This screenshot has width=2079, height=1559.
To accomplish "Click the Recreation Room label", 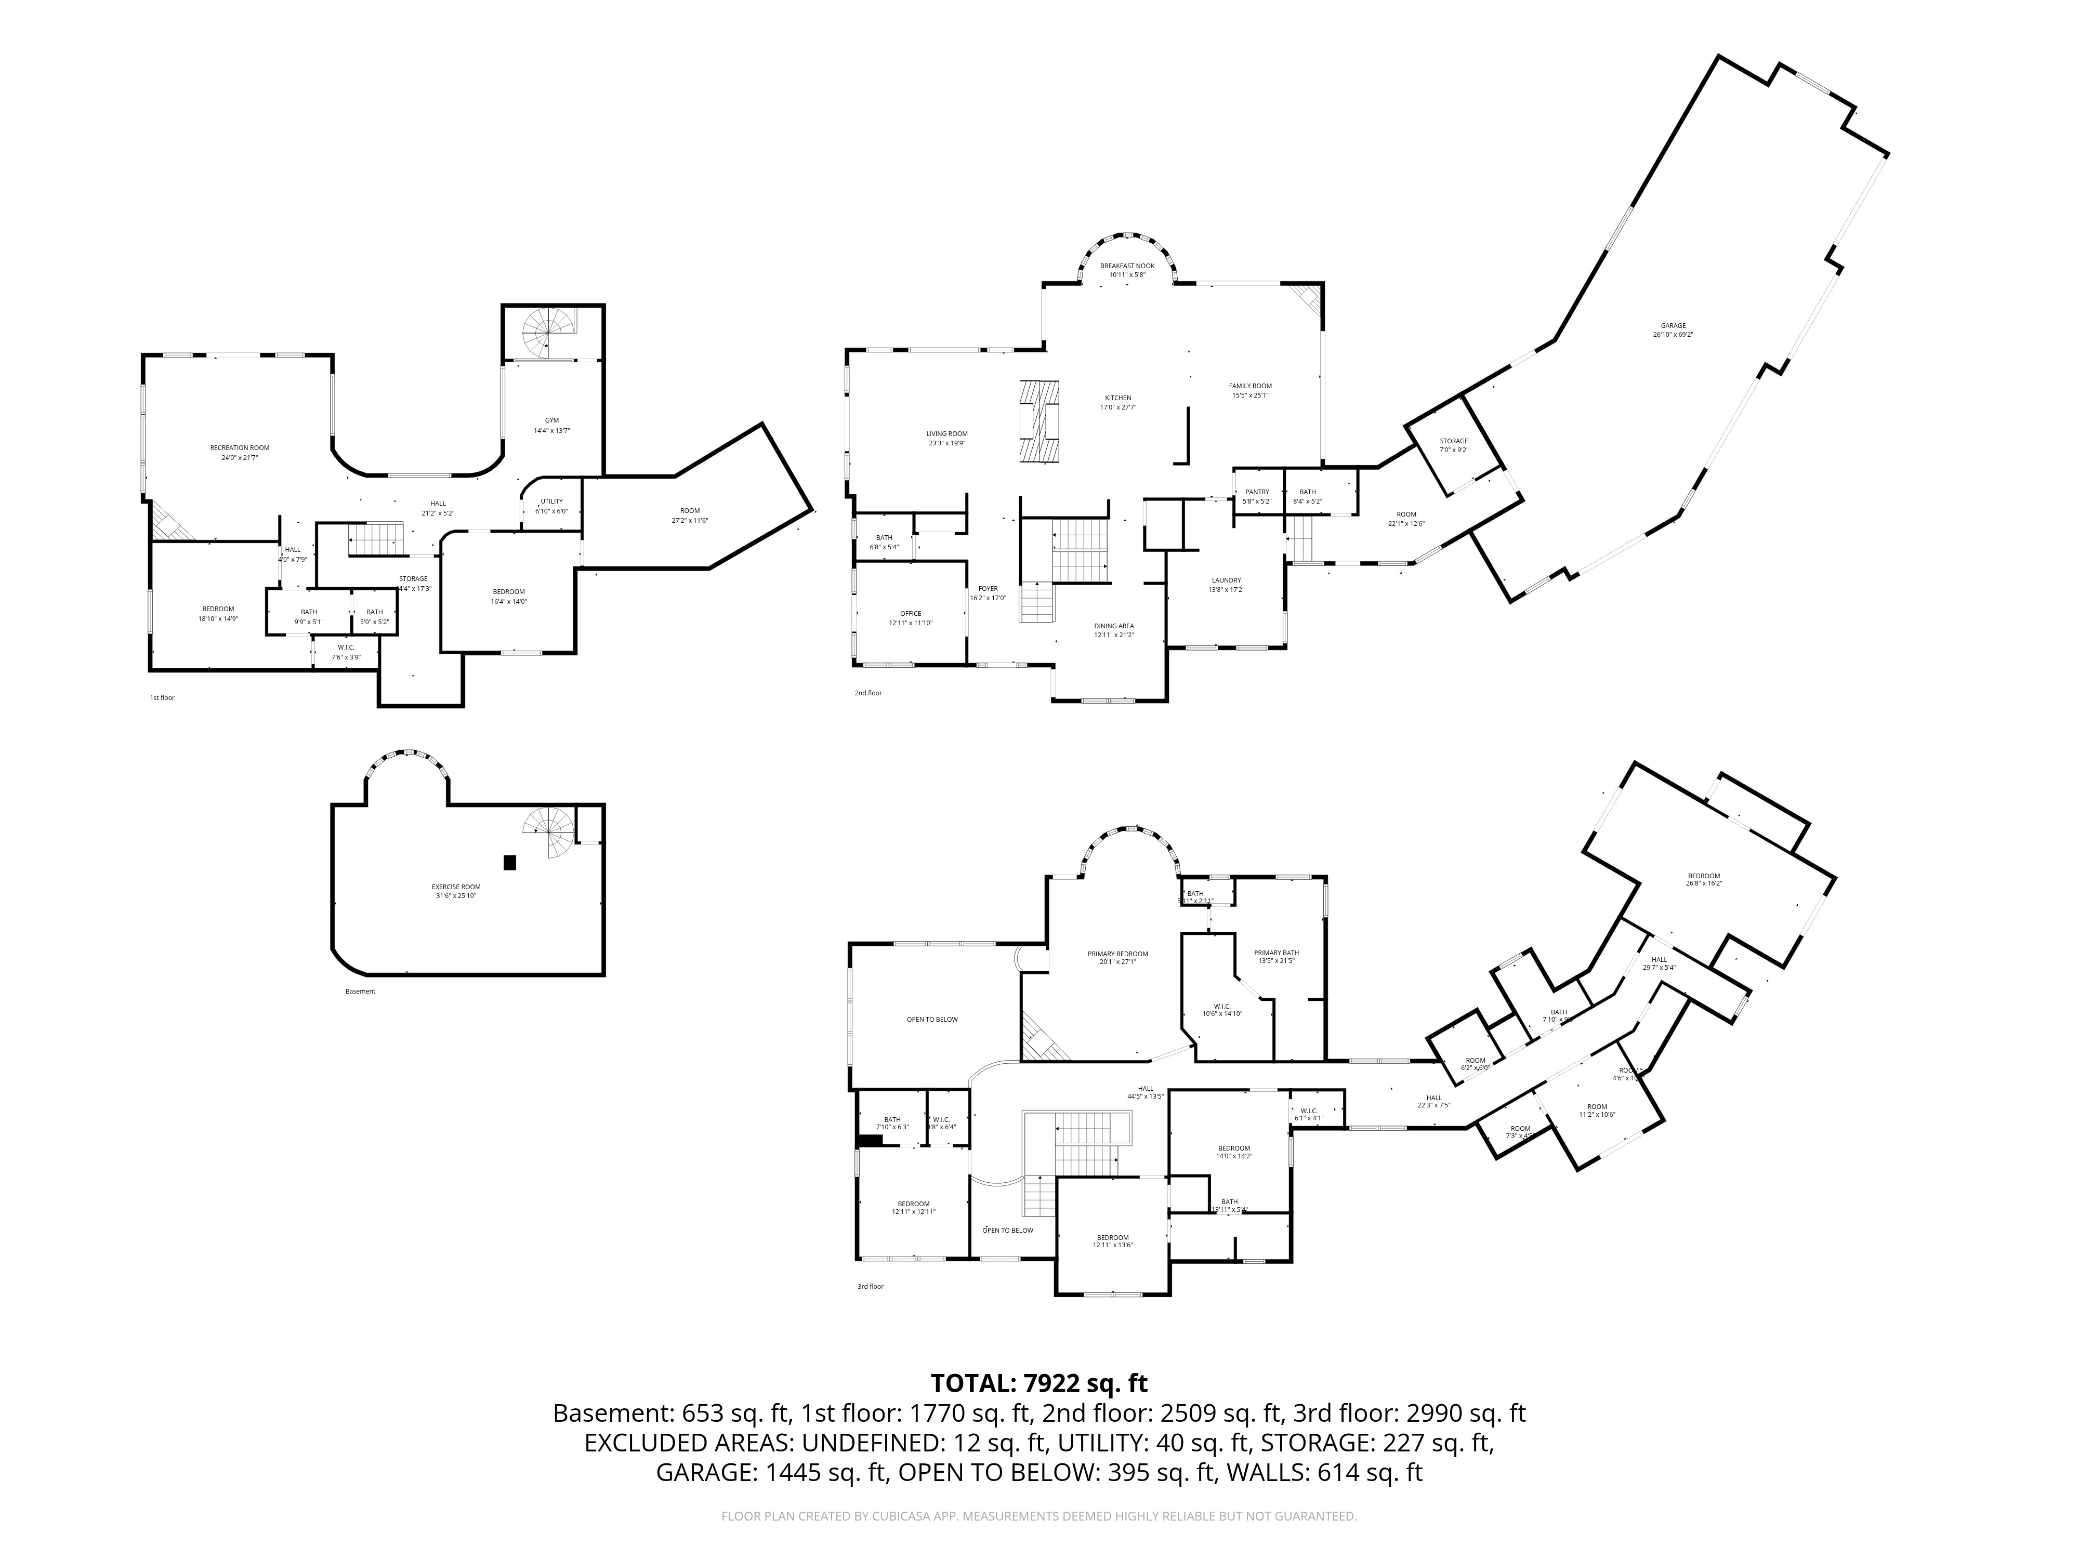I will [x=240, y=448].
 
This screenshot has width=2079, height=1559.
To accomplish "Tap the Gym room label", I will [x=551, y=420].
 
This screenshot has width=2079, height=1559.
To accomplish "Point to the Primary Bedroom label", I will [x=1117, y=954].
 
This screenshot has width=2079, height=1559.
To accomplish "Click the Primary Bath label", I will [x=1277, y=954].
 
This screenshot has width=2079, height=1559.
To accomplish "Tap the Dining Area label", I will [x=1114, y=626].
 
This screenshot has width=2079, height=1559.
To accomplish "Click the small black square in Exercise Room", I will [x=510, y=862].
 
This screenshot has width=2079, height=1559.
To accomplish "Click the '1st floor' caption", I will [x=163, y=698].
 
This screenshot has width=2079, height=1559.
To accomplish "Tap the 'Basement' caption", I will [x=360, y=992].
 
